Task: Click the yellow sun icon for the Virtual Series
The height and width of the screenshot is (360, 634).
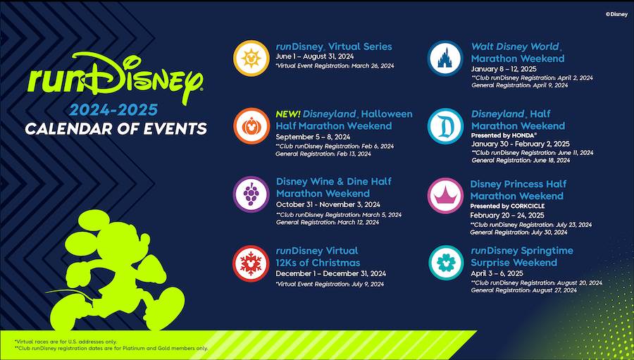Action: pyautogui.click(x=251, y=58)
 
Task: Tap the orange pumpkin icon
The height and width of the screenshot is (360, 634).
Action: pyautogui.click(x=251, y=126)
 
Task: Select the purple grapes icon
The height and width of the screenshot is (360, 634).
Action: pyautogui.click(x=251, y=194)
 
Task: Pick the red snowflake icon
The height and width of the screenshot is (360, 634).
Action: pyautogui.click(x=251, y=263)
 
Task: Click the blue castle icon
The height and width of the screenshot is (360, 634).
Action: pyautogui.click(x=446, y=58)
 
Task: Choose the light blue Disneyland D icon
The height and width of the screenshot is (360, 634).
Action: pyautogui.click(x=446, y=126)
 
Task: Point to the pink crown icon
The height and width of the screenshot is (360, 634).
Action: pyautogui.click(x=446, y=196)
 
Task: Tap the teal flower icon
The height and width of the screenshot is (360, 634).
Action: pyautogui.click(x=446, y=263)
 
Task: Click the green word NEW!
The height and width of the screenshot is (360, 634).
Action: pyautogui.click(x=287, y=114)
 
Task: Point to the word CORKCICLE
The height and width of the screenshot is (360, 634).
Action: pyautogui.click(x=528, y=206)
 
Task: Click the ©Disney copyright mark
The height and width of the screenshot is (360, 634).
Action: pyautogui.click(x=616, y=14)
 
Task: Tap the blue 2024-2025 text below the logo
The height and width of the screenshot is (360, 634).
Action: pyautogui.click(x=113, y=110)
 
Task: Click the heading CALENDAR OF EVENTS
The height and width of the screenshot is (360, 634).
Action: pyautogui.click(x=116, y=129)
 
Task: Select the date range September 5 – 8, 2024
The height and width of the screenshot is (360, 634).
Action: pyautogui.click(x=313, y=137)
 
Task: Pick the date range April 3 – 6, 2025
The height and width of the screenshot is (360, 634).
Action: pyautogui.click(x=497, y=273)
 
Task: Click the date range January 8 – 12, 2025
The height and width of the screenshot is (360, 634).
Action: pyautogui.click(x=504, y=69)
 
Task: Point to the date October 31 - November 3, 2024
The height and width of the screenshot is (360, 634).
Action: pyautogui.click(x=328, y=205)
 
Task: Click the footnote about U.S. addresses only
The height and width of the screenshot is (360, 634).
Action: pyautogui.click(x=66, y=342)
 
